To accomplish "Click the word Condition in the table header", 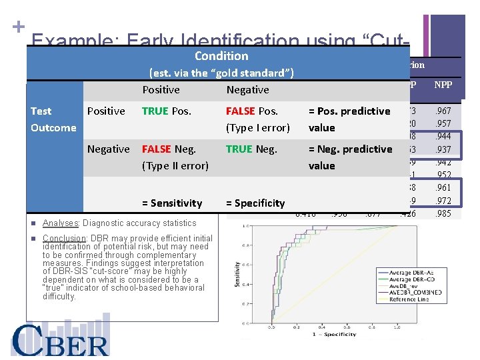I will pos(221,57).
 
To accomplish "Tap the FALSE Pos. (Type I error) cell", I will pos(257,119).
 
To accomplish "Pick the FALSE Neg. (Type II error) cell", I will pos(175,157).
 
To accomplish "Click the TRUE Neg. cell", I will pos(251,149).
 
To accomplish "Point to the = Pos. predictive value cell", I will pos(349,119).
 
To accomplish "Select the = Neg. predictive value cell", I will pos(350,157).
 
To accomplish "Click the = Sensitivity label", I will pos(172,203).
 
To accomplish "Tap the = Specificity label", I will pos(255,203).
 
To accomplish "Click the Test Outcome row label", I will pos(53,119).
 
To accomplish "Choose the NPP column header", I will pos(443,85).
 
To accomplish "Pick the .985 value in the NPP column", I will pos(443,214).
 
